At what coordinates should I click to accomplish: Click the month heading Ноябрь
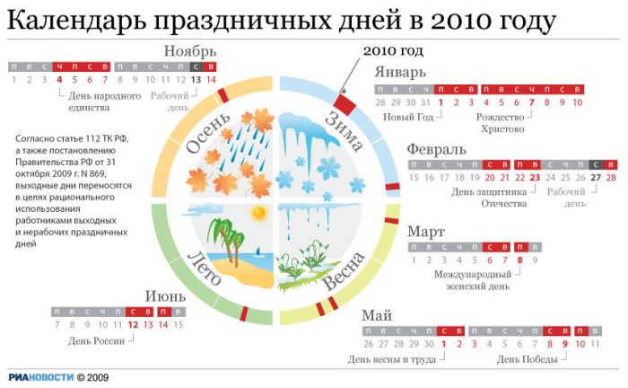coord(190,52)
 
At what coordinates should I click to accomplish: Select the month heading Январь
coord(400,73)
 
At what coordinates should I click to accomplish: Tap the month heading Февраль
coord(437,150)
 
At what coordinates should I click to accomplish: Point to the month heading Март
coord(426,232)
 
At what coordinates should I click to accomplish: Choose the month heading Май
coord(377,315)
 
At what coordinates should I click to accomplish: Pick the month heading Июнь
coord(165,296)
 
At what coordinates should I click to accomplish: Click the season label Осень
coord(208,133)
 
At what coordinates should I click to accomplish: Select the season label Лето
coord(204,269)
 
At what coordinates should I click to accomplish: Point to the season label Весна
coord(344,270)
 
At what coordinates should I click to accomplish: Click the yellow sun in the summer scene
coord(258,213)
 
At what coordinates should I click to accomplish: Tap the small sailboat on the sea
coord(258,251)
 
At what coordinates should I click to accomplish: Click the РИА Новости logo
coord(41,377)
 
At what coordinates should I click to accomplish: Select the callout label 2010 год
coord(393,50)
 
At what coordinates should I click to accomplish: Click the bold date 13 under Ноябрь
coord(196,80)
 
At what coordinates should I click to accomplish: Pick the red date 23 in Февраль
coord(535,178)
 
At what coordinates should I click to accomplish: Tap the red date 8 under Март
coord(519,260)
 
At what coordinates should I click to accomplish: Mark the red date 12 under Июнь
coord(133,324)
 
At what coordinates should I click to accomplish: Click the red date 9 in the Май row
coord(565,344)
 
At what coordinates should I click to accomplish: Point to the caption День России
coord(97,341)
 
